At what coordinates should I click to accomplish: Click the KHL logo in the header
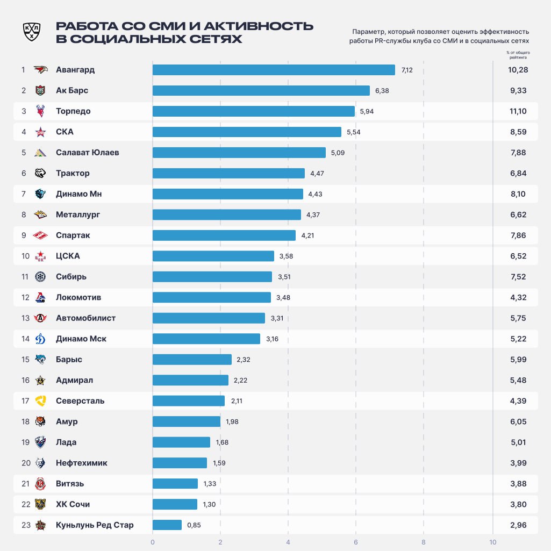click(x=32, y=32)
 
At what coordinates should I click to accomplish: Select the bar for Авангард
click(x=274, y=70)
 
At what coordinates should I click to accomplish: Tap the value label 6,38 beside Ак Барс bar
click(x=382, y=91)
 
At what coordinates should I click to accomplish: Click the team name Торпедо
click(x=73, y=111)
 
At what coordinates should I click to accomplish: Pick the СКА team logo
click(x=41, y=132)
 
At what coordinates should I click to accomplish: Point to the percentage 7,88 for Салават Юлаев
click(x=518, y=153)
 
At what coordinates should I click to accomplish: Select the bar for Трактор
click(x=228, y=173)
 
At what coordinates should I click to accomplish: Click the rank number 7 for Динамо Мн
click(x=24, y=194)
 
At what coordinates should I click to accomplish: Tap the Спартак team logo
click(x=41, y=235)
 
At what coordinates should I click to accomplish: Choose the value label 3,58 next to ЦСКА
click(x=286, y=256)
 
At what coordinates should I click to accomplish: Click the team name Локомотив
click(x=78, y=297)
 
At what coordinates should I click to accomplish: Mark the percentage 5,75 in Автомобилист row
click(x=518, y=318)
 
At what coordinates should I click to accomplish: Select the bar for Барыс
click(x=192, y=360)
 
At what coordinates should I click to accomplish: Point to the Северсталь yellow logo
click(x=41, y=401)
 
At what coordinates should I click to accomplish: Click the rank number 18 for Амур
click(x=25, y=421)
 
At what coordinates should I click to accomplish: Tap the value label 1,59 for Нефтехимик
click(x=219, y=463)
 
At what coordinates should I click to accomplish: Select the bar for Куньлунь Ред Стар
click(x=167, y=525)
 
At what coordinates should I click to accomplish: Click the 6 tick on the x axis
click(x=356, y=541)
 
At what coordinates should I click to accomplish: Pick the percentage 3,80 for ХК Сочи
click(x=518, y=504)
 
